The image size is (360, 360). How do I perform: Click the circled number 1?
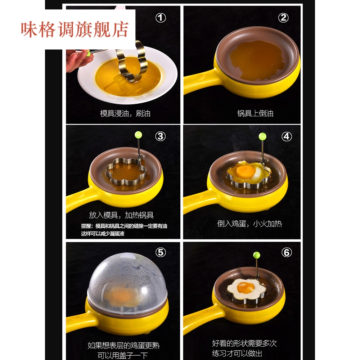(160, 17)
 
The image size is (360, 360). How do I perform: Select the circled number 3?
(160, 136)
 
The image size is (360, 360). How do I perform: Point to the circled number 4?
(287, 136)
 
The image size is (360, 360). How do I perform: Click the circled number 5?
(160, 252)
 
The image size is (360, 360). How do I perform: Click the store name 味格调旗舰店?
(75, 30)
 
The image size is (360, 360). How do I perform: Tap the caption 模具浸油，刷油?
(125, 113)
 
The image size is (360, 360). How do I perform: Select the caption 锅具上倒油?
(255, 113)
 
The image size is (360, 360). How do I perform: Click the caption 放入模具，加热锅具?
(121, 215)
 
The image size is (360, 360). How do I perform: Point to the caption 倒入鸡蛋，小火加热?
(249, 224)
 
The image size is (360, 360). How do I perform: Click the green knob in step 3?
(138, 135)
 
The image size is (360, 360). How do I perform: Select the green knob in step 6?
(256, 255)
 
